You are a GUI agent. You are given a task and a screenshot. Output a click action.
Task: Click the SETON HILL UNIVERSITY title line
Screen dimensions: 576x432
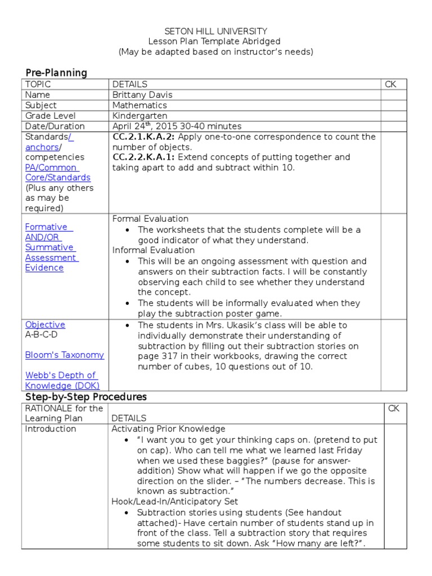pyautogui.click(x=215, y=31)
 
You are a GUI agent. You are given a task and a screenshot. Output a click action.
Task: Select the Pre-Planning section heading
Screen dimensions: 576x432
pyautogui.click(x=56, y=73)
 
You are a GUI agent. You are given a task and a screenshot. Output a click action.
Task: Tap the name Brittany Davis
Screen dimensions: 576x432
pyautogui.click(x=142, y=94)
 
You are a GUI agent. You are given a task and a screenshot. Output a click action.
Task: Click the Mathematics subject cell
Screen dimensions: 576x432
pyautogui.click(x=139, y=105)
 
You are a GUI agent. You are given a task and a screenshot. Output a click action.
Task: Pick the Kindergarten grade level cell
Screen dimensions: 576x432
pyautogui.click(x=141, y=116)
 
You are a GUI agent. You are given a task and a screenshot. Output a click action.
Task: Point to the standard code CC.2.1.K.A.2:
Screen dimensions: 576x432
pyautogui.click(x=143, y=137)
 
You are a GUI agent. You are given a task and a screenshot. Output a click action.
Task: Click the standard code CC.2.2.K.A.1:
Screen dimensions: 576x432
pyautogui.click(x=143, y=157)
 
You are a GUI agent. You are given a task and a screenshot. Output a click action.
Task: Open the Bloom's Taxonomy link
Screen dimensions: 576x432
pyautogui.click(x=65, y=355)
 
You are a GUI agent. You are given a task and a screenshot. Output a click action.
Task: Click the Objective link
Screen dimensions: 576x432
pyautogui.click(x=45, y=325)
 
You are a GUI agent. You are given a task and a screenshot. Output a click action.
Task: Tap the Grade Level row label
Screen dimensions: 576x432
pyautogui.click(x=49, y=116)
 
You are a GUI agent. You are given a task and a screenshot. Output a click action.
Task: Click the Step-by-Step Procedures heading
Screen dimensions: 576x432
pyautogui.click(x=86, y=397)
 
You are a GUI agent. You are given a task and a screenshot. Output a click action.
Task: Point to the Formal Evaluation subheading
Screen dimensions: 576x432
pyautogui.click(x=151, y=219)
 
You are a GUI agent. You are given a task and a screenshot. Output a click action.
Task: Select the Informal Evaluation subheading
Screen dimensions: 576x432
pyautogui.click(x=154, y=250)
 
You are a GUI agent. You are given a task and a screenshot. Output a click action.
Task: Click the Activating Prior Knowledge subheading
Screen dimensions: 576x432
pyautogui.click(x=168, y=429)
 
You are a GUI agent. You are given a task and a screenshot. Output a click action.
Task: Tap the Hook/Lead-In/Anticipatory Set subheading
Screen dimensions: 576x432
pyautogui.click(x=175, y=501)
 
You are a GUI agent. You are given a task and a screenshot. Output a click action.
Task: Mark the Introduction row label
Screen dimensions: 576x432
pyautogui.click(x=51, y=429)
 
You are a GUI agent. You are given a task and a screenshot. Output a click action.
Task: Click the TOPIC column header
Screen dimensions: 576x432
pyautogui.click(x=38, y=84)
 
